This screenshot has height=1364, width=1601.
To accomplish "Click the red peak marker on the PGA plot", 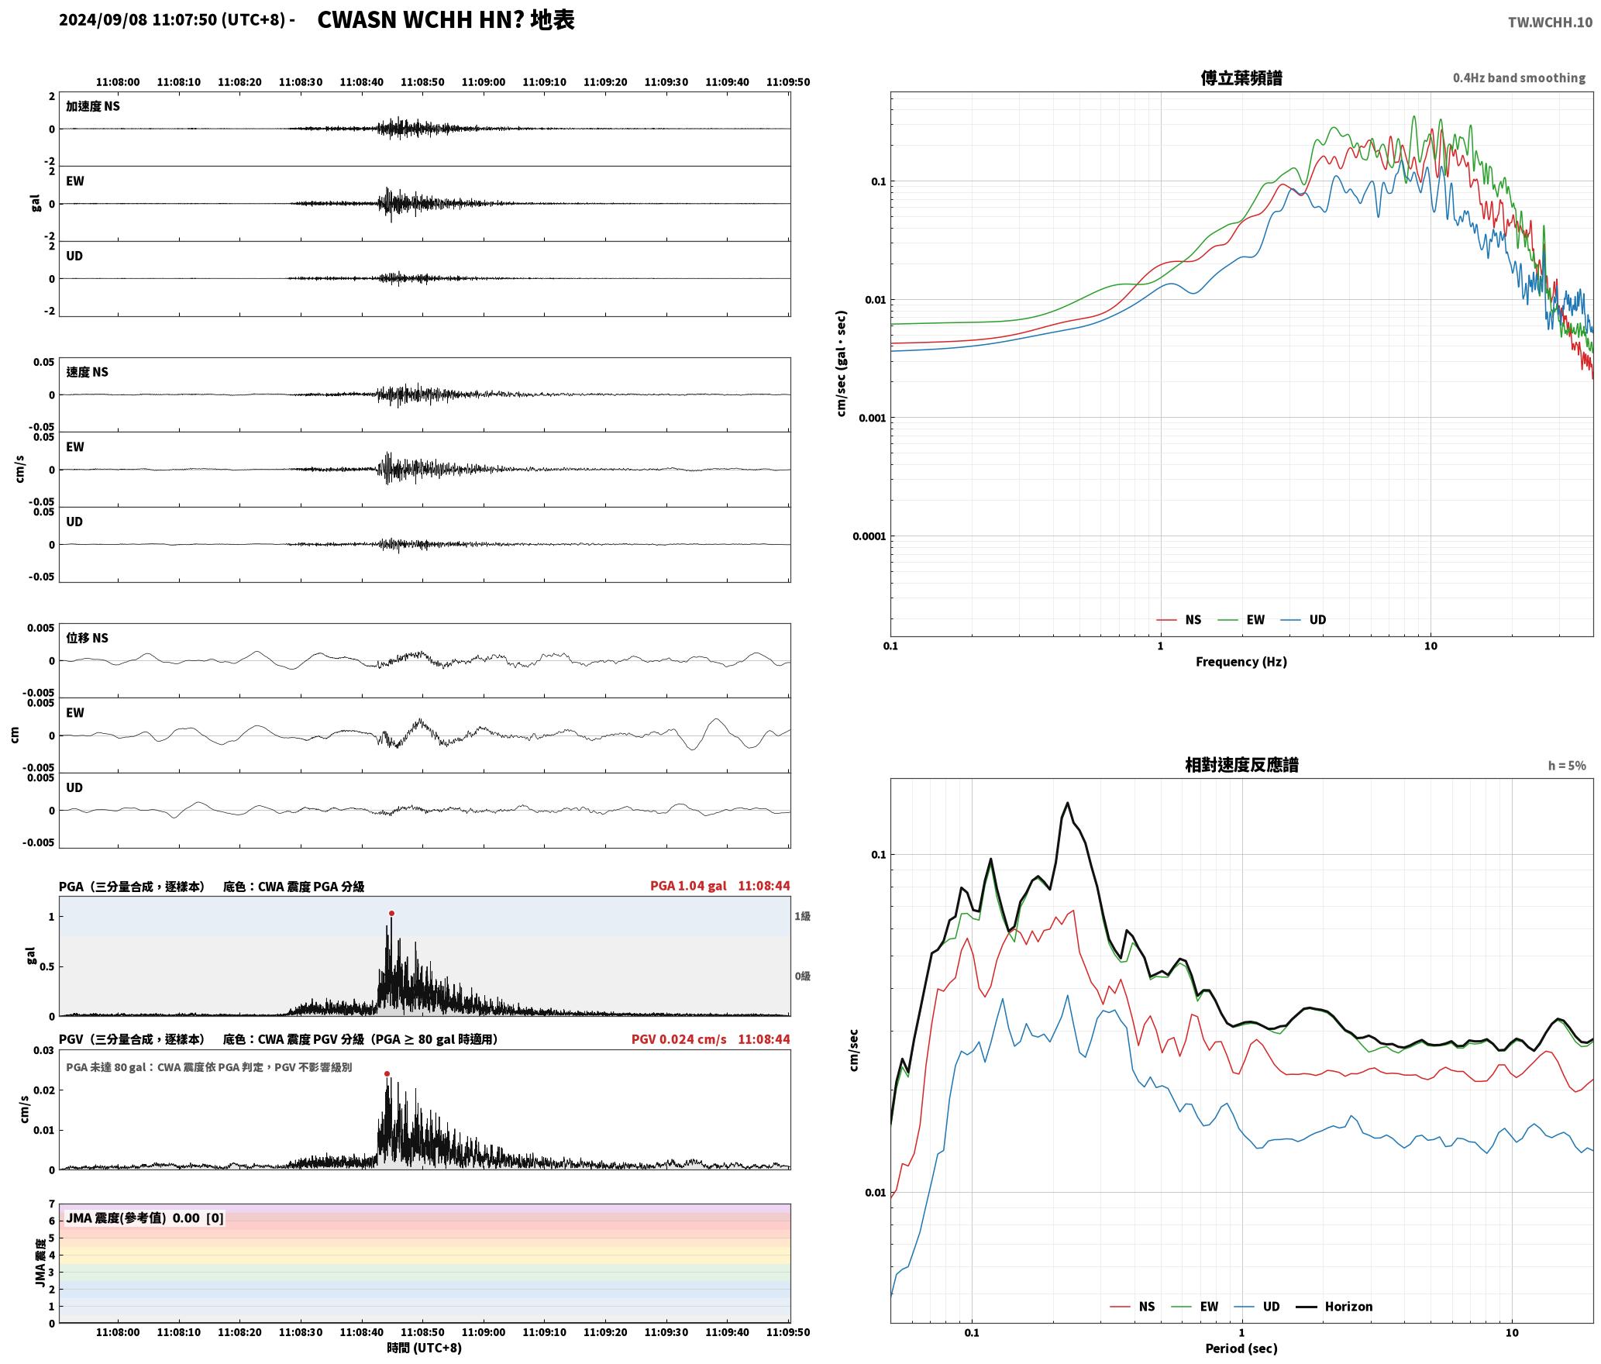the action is tap(391, 913).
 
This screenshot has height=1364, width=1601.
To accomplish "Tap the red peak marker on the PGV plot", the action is tap(387, 1073).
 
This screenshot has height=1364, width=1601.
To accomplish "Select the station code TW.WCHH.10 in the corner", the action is tap(1550, 22).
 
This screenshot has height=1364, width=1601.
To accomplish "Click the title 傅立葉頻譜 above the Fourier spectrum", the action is tap(1241, 77).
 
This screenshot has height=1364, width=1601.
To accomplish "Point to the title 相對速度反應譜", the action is tap(1241, 764).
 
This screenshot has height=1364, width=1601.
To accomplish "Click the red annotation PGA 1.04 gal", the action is tap(688, 886).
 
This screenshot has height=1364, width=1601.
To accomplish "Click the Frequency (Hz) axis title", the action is tap(1241, 662).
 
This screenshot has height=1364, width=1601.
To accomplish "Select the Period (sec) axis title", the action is tap(1241, 1348).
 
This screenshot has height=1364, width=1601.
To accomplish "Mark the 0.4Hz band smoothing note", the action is tap(1519, 77).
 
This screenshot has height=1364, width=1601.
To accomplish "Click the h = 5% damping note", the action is tap(1567, 766).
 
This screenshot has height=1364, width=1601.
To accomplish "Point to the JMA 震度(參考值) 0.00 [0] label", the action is tap(145, 1218).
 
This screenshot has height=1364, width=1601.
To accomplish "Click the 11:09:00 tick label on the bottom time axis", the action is tap(484, 1332).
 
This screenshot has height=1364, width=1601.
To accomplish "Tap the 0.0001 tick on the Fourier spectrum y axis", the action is tap(869, 536).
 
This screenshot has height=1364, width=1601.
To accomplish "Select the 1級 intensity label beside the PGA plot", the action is tap(802, 916).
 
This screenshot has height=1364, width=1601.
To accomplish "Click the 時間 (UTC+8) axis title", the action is tap(424, 1348).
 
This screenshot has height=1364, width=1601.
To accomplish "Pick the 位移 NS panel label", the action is tap(87, 638).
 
